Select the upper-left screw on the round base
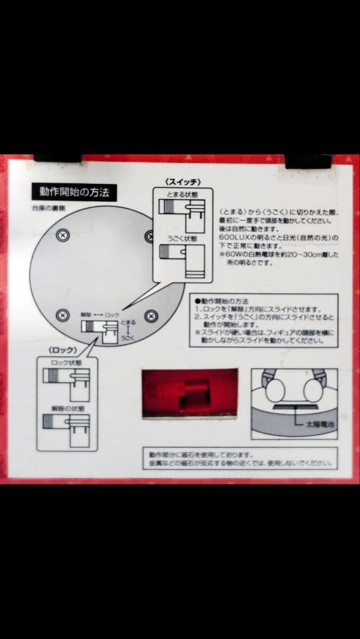63,235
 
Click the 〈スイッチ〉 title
184,181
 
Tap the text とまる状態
182,193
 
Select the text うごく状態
182,239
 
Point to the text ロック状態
65,362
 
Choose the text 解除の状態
65,408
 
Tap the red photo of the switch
189,393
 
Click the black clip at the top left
57,158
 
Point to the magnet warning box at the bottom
239,459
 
